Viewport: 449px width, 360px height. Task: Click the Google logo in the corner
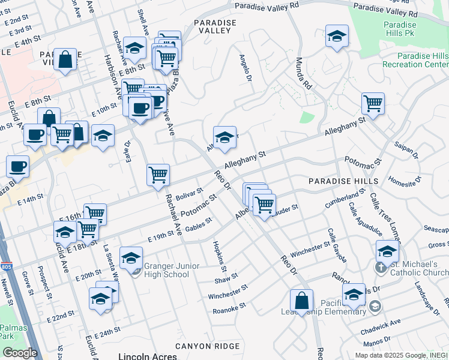20,353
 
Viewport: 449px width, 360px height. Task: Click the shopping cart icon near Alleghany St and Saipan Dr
373,104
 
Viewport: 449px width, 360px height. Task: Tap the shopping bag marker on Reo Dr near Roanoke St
301,300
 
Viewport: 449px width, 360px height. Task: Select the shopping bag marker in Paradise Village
65,59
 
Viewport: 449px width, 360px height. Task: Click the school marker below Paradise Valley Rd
337,37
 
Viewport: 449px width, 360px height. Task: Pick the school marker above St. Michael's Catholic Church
387,251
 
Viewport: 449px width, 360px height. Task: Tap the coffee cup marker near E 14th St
17,166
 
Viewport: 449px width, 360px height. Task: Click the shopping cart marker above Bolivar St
158,175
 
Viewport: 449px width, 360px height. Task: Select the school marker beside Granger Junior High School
131,258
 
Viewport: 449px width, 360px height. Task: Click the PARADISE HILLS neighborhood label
343,181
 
